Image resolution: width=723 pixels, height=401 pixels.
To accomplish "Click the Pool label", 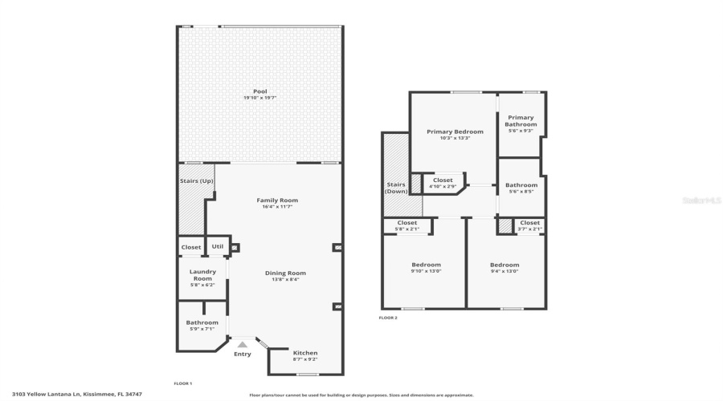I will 260,91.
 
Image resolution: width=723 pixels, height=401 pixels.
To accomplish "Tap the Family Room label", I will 277,200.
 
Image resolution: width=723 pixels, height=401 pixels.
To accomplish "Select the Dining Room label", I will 285,273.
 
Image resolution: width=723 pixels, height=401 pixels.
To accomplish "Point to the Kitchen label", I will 305,353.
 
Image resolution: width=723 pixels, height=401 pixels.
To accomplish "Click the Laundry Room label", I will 202,274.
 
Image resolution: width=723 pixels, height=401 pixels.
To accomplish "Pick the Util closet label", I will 218,246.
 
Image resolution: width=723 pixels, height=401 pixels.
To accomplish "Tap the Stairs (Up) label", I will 195,180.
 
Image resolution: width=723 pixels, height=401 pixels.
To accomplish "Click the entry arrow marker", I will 242,344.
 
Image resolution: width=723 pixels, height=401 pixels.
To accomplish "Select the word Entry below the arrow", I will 242,354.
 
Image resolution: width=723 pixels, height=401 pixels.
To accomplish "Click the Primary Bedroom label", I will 455,132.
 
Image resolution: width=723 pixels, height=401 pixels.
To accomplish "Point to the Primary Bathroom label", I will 521,121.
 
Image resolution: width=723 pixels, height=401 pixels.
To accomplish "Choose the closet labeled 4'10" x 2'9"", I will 443,183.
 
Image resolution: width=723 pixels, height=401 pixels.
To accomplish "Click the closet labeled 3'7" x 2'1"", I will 530,225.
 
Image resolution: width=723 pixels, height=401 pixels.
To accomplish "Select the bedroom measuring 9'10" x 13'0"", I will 426,268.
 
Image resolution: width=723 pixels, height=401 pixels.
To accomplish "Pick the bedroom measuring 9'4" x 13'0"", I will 504,268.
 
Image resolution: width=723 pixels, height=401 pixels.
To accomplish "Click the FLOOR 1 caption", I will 183,383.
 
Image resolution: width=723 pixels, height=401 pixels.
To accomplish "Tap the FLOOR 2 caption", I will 388,318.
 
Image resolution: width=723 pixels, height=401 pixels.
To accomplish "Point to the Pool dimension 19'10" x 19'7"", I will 260,98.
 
